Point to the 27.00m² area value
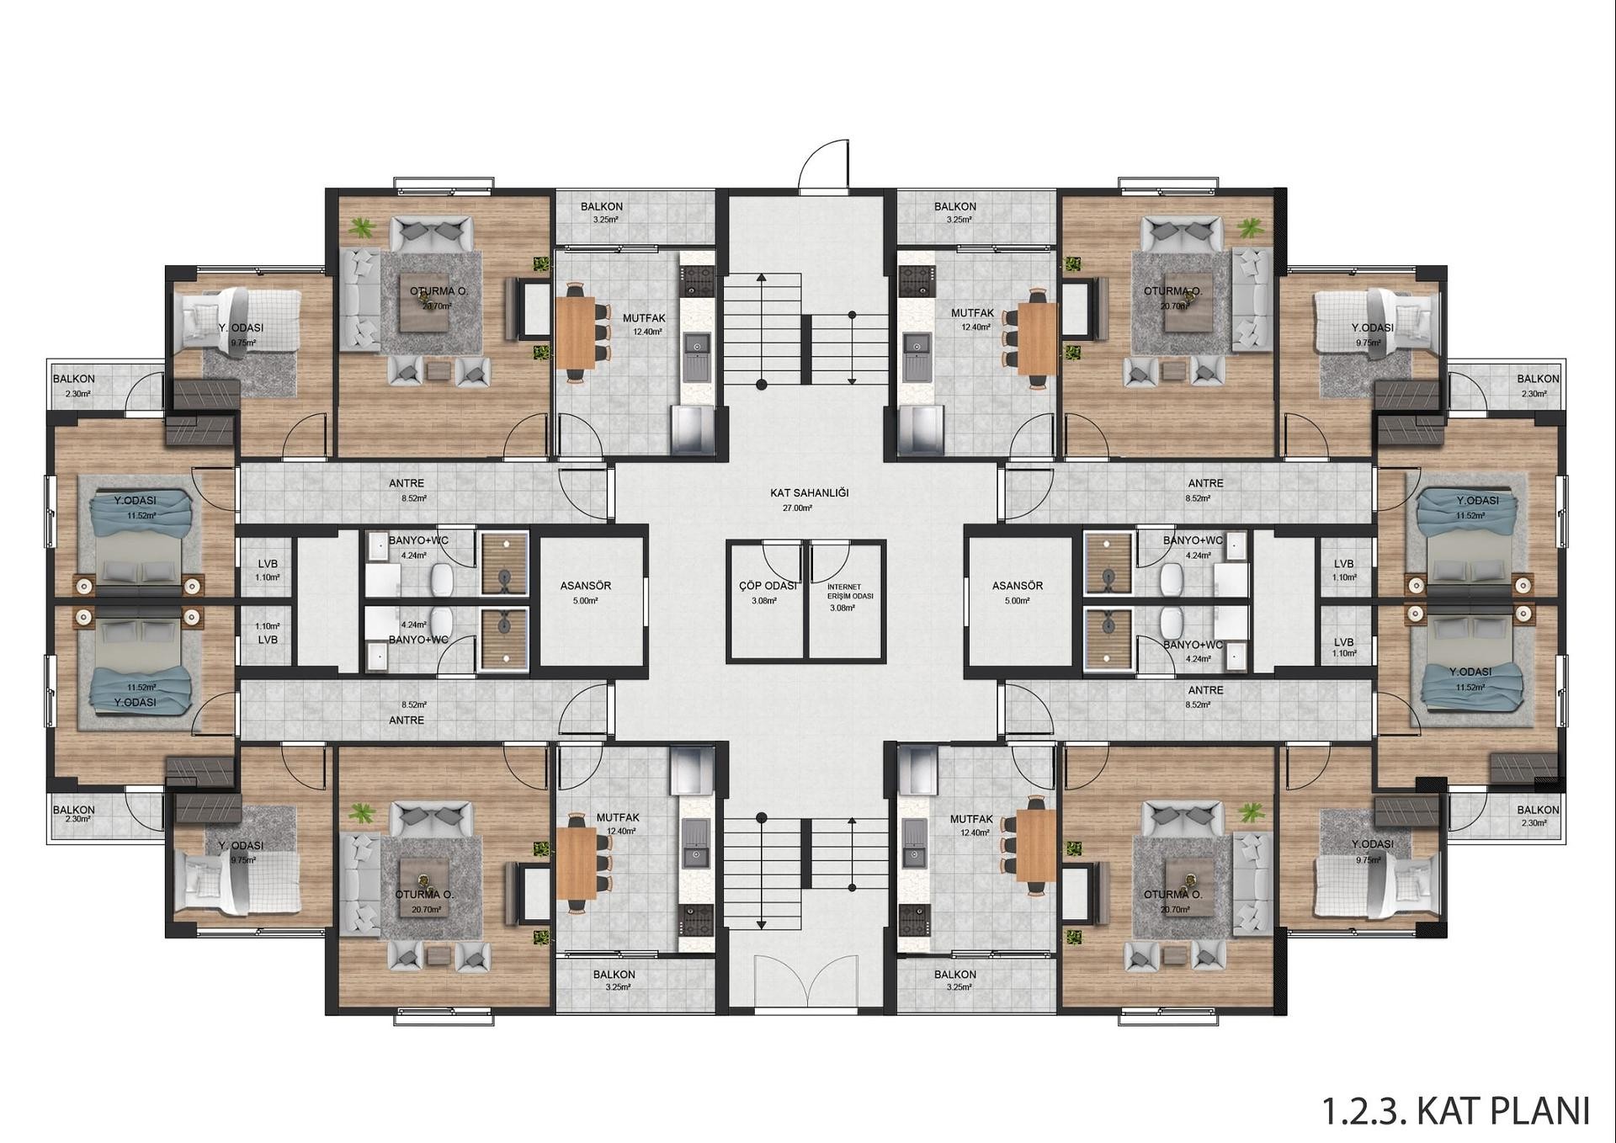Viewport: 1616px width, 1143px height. tap(797, 508)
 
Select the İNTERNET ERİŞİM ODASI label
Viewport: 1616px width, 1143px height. tap(850, 591)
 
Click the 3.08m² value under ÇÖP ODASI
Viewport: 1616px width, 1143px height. tap(764, 601)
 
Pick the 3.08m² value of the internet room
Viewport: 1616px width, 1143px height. tap(842, 608)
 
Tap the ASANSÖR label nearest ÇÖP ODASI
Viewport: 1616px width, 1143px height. tap(586, 585)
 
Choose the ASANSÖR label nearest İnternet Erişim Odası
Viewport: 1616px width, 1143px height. tap(1018, 585)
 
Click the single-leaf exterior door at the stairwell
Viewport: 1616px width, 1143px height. tap(824, 166)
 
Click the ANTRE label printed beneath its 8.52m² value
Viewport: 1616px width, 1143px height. tap(407, 720)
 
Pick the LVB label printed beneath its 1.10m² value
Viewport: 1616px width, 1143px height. tap(268, 640)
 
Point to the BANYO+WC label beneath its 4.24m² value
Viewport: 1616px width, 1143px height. tap(418, 640)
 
